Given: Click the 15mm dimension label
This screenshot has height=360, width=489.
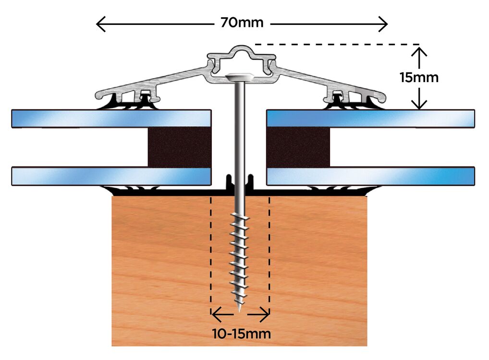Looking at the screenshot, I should coord(419,77).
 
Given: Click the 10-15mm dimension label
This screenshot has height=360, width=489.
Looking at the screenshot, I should coord(242,333).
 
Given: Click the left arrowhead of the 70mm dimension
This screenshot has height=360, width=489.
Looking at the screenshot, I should coord(98,23).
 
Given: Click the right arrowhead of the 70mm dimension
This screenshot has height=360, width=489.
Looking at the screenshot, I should coord(385,23).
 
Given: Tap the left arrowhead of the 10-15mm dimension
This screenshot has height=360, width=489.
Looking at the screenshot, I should coord(214,315).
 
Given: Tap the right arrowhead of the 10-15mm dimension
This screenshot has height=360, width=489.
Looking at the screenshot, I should coord(267,315).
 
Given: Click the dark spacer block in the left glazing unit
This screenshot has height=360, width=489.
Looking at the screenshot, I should coord(179,147).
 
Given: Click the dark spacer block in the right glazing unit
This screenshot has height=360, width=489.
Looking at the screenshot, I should coord(298,147).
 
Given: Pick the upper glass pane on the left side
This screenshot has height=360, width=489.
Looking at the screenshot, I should coord(110,119).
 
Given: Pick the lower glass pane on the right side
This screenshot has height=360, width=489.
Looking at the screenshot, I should coord(370,176).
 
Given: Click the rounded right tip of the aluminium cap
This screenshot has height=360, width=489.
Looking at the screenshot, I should coord(384,99).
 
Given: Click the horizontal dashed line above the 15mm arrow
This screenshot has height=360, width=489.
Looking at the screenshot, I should coord(336,45).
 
